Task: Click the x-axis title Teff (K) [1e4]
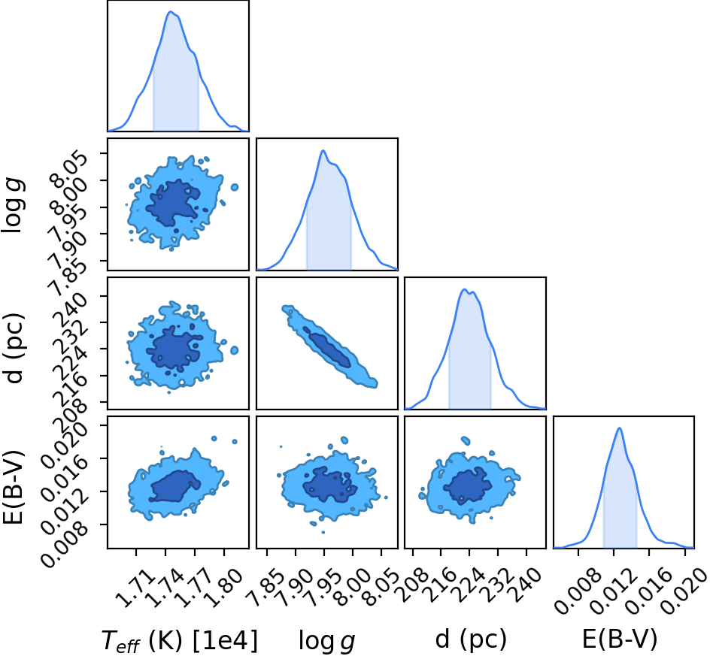(x=179, y=640)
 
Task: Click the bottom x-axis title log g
(x=326, y=640)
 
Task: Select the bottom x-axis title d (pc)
(x=471, y=639)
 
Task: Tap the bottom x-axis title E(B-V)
(x=620, y=639)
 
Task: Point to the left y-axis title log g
(x=14, y=206)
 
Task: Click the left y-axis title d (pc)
(x=13, y=348)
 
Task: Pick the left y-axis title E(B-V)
(x=13, y=487)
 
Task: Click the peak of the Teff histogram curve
(x=171, y=12)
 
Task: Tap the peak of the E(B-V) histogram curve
(x=619, y=428)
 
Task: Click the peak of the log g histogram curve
(x=323, y=150)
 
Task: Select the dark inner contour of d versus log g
(x=327, y=346)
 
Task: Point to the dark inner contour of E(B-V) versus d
(x=468, y=485)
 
